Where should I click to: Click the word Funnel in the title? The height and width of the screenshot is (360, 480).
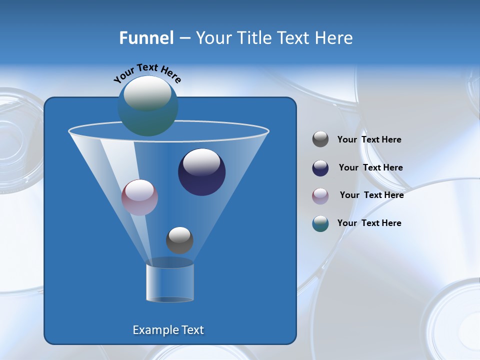click(x=146, y=38)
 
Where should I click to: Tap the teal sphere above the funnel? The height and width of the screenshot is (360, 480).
click(x=148, y=106)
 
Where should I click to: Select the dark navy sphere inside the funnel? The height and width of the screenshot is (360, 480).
click(x=202, y=172)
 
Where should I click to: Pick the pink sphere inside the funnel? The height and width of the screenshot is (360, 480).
click(x=139, y=197)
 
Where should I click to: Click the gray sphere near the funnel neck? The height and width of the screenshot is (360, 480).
click(x=179, y=240)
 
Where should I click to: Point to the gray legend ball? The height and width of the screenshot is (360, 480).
click(x=320, y=139)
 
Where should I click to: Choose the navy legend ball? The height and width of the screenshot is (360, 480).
click(x=320, y=168)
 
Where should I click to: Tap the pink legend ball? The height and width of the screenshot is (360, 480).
click(x=320, y=195)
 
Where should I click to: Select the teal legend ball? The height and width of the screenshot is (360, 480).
click(x=320, y=223)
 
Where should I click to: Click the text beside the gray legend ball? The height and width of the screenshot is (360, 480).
click(x=369, y=140)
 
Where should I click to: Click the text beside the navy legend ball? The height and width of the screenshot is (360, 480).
click(x=370, y=168)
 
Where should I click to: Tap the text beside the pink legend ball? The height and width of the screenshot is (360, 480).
click(x=371, y=195)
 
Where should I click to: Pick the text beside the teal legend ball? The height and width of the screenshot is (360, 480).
click(x=369, y=223)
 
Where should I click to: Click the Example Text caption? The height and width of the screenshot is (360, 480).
click(x=168, y=330)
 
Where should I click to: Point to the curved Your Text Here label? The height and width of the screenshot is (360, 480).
click(x=147, y=73)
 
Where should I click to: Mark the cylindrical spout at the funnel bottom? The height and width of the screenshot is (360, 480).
click(x=170, y=282)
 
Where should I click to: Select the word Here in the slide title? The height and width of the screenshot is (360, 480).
click(x=334, y=38)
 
